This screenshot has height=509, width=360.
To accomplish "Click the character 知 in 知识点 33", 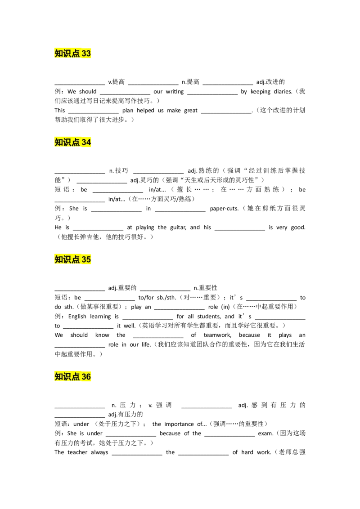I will (x=58, y=54).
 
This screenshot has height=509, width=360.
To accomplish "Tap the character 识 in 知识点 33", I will (x=67, y=54).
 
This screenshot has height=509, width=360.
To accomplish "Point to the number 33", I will (x=86, y=54).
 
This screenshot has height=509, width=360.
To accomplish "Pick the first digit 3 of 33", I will (x=84, y=54).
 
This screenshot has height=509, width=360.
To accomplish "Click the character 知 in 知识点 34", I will (x=58, y=143).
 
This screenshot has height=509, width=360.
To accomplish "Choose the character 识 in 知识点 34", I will (x=67, y=143).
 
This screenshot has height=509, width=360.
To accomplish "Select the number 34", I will (x=86, y=143).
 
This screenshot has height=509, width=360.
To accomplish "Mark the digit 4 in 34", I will (x=89, y=143).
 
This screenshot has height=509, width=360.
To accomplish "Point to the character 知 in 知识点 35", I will (x=58, y=259).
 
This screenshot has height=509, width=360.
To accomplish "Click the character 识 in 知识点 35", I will (x=67, y=259).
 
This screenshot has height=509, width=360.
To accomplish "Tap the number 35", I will (x=86, y=259).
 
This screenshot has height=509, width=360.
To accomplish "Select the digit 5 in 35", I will (x=89, y=259).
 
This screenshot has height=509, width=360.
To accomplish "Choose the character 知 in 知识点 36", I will (x=58, y=377).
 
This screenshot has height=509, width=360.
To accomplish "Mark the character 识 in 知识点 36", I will (x=67, y=377).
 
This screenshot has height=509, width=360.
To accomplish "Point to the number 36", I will (x=86, y=377).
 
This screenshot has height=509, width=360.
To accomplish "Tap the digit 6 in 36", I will (x=89, y=377).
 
